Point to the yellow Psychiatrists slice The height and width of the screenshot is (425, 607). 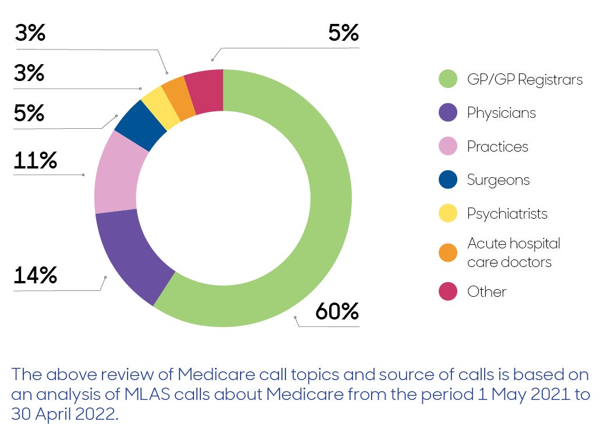click(x=160, y=108)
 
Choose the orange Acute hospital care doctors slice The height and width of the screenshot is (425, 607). click(x=178, y=99)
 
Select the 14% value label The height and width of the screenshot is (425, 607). click(x=35, y=275)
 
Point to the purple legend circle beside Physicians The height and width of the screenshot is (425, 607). click(x=447, y=113)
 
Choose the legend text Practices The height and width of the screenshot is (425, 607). click(x=497, y=146)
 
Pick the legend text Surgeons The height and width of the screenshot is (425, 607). click(x=498, y=180)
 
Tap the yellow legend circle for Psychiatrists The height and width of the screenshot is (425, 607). click(x=447, y=213)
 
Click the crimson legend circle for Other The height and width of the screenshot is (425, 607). click(x=447, y=291)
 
